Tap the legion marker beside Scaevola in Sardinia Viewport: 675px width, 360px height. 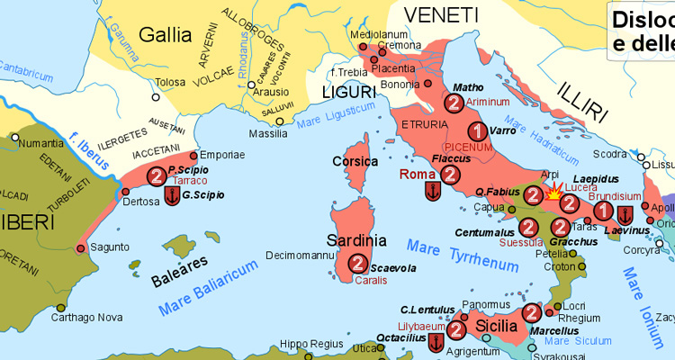(x=358, y=263)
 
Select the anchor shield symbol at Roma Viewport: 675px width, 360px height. (x=433, y=192)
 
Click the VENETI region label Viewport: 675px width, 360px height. (x=440, y=14)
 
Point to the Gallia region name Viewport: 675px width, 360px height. (x=166, y=35)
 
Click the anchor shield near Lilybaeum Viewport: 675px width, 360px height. (x=436, y=342)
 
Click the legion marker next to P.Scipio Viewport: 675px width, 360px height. (x=157, y=175)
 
